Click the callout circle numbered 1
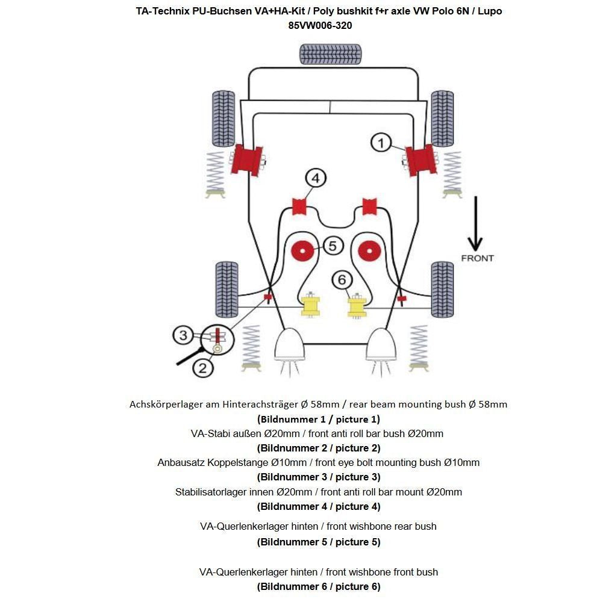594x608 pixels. click(x=381, y=143)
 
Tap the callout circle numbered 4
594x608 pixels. click(x=316, y=178)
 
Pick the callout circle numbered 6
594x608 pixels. click(x=342, y=280)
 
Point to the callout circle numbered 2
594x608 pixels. click(x=202, y=367)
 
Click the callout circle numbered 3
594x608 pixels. click(x=184, y=335)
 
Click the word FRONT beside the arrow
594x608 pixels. click(x=477, y=258)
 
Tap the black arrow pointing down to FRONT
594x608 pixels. click(x=475, y=223)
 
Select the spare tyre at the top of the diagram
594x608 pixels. click(x=330, y=54)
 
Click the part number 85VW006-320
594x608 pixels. click(x=320, y=25)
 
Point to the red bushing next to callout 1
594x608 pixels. click(x=420, y=160)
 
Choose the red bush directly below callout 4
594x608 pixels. click(x=299, y=206)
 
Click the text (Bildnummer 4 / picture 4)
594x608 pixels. click(x=319, y=506)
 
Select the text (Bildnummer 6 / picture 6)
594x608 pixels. click(x=319, y=586)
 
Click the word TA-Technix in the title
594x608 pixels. click(x=160, y=11)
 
